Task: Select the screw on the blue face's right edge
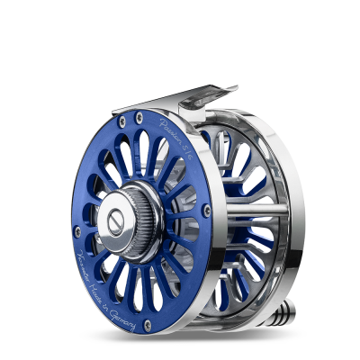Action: pos(207,209)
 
